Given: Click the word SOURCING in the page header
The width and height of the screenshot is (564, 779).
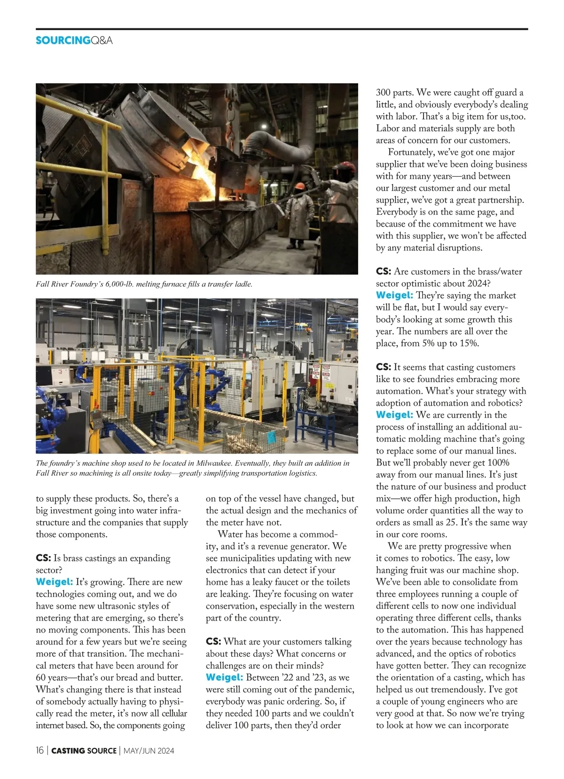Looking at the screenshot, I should click(x=63, y=40).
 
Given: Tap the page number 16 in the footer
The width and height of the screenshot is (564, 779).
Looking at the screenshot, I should click(x=40, y=750).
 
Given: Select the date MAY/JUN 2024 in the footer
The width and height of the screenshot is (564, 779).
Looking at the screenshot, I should click(x=149, y=751).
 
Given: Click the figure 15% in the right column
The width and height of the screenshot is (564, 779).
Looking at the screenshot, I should click(x=469, y=343).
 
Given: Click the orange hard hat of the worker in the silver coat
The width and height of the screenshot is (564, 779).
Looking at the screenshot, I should click(x=299, y=186).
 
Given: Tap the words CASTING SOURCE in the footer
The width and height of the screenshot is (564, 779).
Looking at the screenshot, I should click(x=84, y=751).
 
